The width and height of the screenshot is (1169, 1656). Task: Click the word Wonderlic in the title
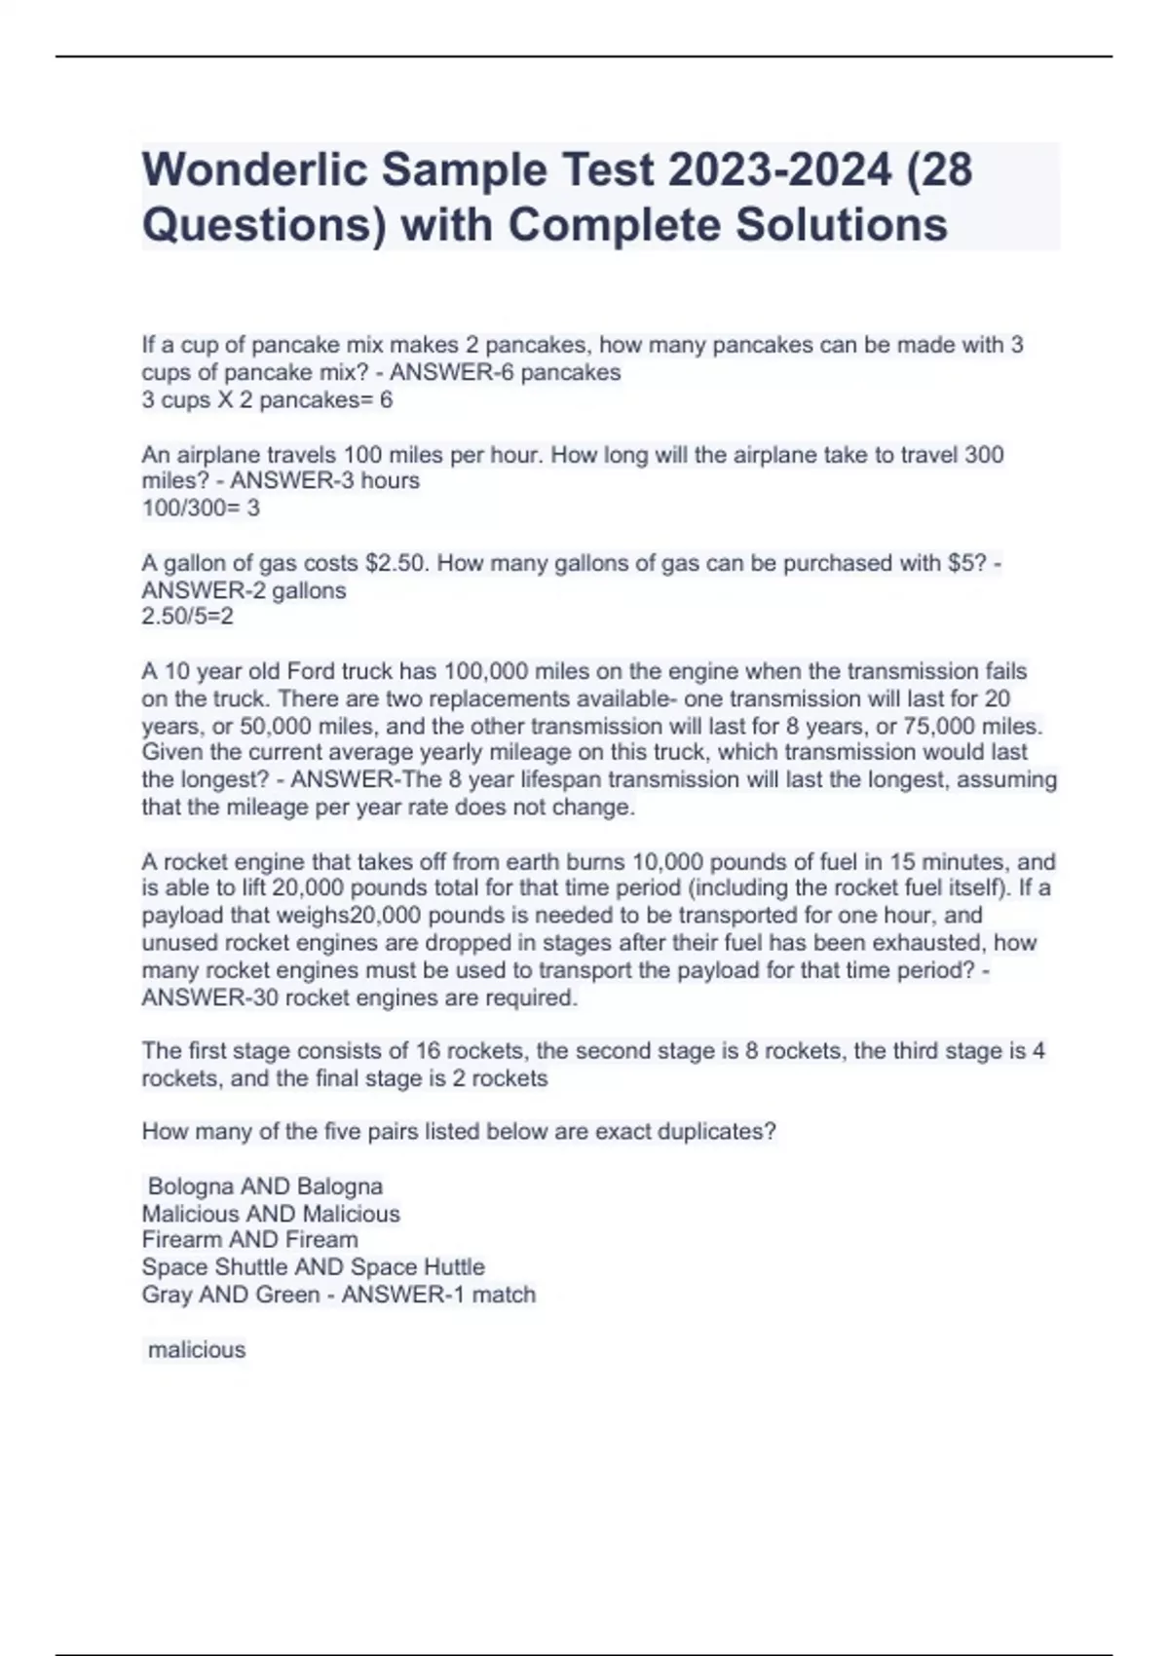tap(254, 169)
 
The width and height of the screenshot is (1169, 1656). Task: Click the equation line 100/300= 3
tap(201, 508)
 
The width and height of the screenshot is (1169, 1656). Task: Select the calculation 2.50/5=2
tap(187, 617)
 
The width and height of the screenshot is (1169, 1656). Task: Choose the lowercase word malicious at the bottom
tap(197, 1350)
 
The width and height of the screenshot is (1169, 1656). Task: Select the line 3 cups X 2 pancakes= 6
tap(267, 399)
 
